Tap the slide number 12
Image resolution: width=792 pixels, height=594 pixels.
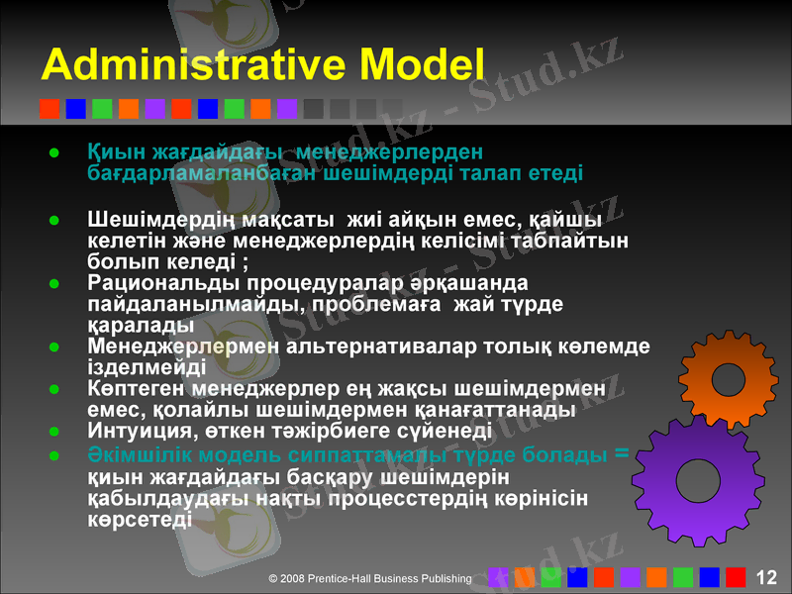(x=765, y=577)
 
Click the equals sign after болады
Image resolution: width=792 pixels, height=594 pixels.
(x=622, y=453)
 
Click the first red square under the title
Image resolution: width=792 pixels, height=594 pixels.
(x=49, y=108)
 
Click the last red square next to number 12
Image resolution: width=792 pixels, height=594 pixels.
(x=735, y=577)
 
